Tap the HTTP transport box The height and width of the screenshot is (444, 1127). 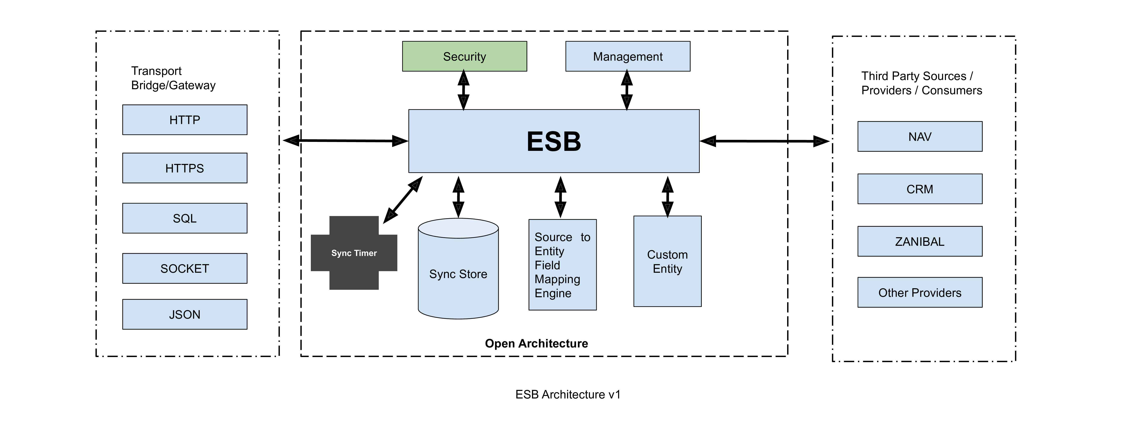pos(185,120)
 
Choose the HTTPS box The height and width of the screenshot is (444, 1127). pos(185,168)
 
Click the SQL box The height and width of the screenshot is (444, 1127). pos(185,218)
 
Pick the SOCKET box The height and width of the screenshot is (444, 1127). pos(185,269)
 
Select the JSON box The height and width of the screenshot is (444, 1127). pos(185,315)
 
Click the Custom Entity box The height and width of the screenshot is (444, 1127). pos(667,262)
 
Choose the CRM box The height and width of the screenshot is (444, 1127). pos(920,189)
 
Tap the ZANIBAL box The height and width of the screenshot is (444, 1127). pos(920,241)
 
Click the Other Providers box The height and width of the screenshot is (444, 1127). pos(920,293)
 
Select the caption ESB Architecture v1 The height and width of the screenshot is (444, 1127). pos(567,395)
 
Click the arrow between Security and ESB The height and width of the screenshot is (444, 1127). pos(463,90)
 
